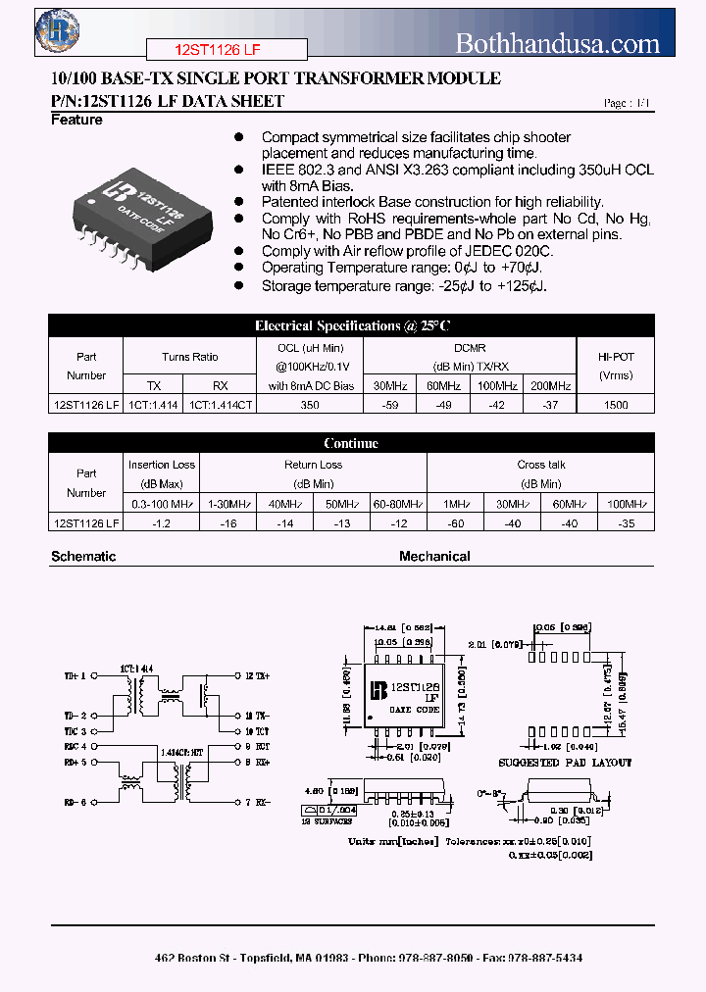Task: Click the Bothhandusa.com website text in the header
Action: coord(558,43)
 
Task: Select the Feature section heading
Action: coord(76,120)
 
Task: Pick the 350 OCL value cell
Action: coord(310,404)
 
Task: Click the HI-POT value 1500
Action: coord(616,404)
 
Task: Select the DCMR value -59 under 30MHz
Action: coord(390,404)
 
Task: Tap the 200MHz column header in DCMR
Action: coord(550,385)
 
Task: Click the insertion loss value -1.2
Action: coord(162,523)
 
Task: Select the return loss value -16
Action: coord(229,523)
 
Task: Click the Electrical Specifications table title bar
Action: coord(351,325)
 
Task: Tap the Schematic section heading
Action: coord(83,556)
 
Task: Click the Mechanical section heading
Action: coord(434,556)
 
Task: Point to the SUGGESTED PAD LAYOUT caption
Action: coord(565,762)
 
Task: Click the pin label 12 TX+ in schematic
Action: coord(257,675)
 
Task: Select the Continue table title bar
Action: coord(351,443)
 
